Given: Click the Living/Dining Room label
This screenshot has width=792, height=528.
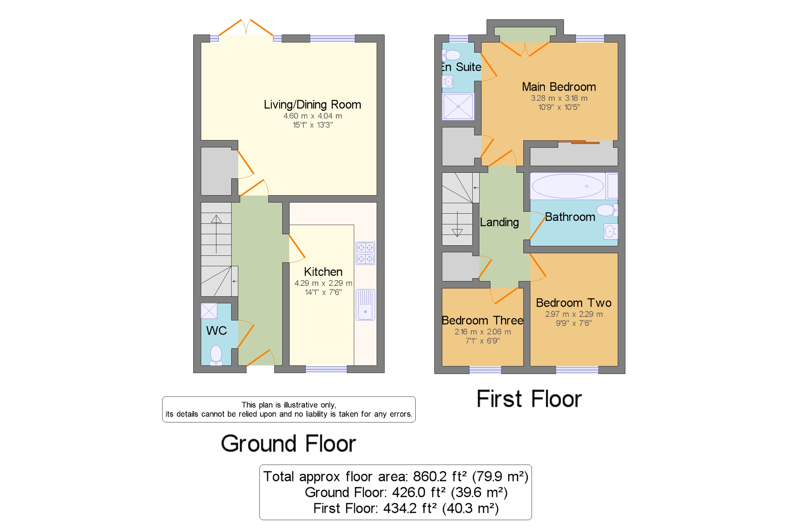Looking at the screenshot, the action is coord(312,104).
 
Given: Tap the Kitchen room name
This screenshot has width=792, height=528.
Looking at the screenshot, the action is coord(323,271).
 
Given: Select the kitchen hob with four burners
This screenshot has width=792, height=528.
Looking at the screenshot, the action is coord(365,253).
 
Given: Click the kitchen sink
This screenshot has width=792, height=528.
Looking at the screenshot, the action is coord(365,304).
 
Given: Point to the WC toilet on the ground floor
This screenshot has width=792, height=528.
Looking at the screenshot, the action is coord(216,355).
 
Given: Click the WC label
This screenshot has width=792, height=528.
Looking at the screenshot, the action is coord(216,330).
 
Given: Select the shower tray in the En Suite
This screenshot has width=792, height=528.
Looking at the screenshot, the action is coord(458,106).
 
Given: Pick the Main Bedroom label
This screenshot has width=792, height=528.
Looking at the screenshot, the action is coord(559,87).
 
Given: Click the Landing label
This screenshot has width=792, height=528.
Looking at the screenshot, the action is coord(499,222).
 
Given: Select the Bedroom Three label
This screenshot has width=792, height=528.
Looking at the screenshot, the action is coord(482,320).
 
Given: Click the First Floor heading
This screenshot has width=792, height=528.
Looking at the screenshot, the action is coord(529,399).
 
